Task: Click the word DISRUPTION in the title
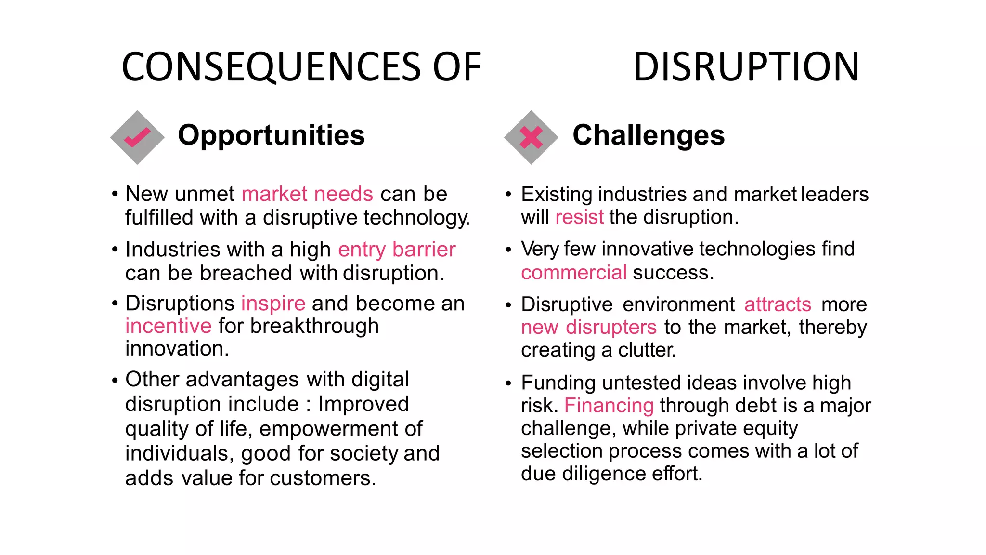746,67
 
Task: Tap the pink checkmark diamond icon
137,137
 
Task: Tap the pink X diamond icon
531,137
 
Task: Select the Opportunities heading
271,135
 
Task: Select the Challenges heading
648,135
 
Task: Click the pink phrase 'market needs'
307,194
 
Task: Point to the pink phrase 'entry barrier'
397,250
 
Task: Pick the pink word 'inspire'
273,304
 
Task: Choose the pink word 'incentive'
168,326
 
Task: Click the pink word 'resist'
579,217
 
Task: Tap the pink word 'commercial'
574,273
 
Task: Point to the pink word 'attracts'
778,304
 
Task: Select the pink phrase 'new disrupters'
588,327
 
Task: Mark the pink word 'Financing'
609,406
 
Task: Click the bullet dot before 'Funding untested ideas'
508,384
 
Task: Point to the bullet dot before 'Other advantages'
115,381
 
